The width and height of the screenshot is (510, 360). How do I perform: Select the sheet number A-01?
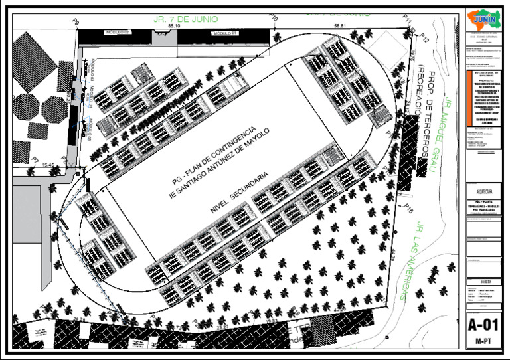(483, 327)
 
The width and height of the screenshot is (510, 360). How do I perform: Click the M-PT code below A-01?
(483, 342)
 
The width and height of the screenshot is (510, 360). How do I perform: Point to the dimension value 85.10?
(174, 26)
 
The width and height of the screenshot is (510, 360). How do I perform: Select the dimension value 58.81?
(341, 26)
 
